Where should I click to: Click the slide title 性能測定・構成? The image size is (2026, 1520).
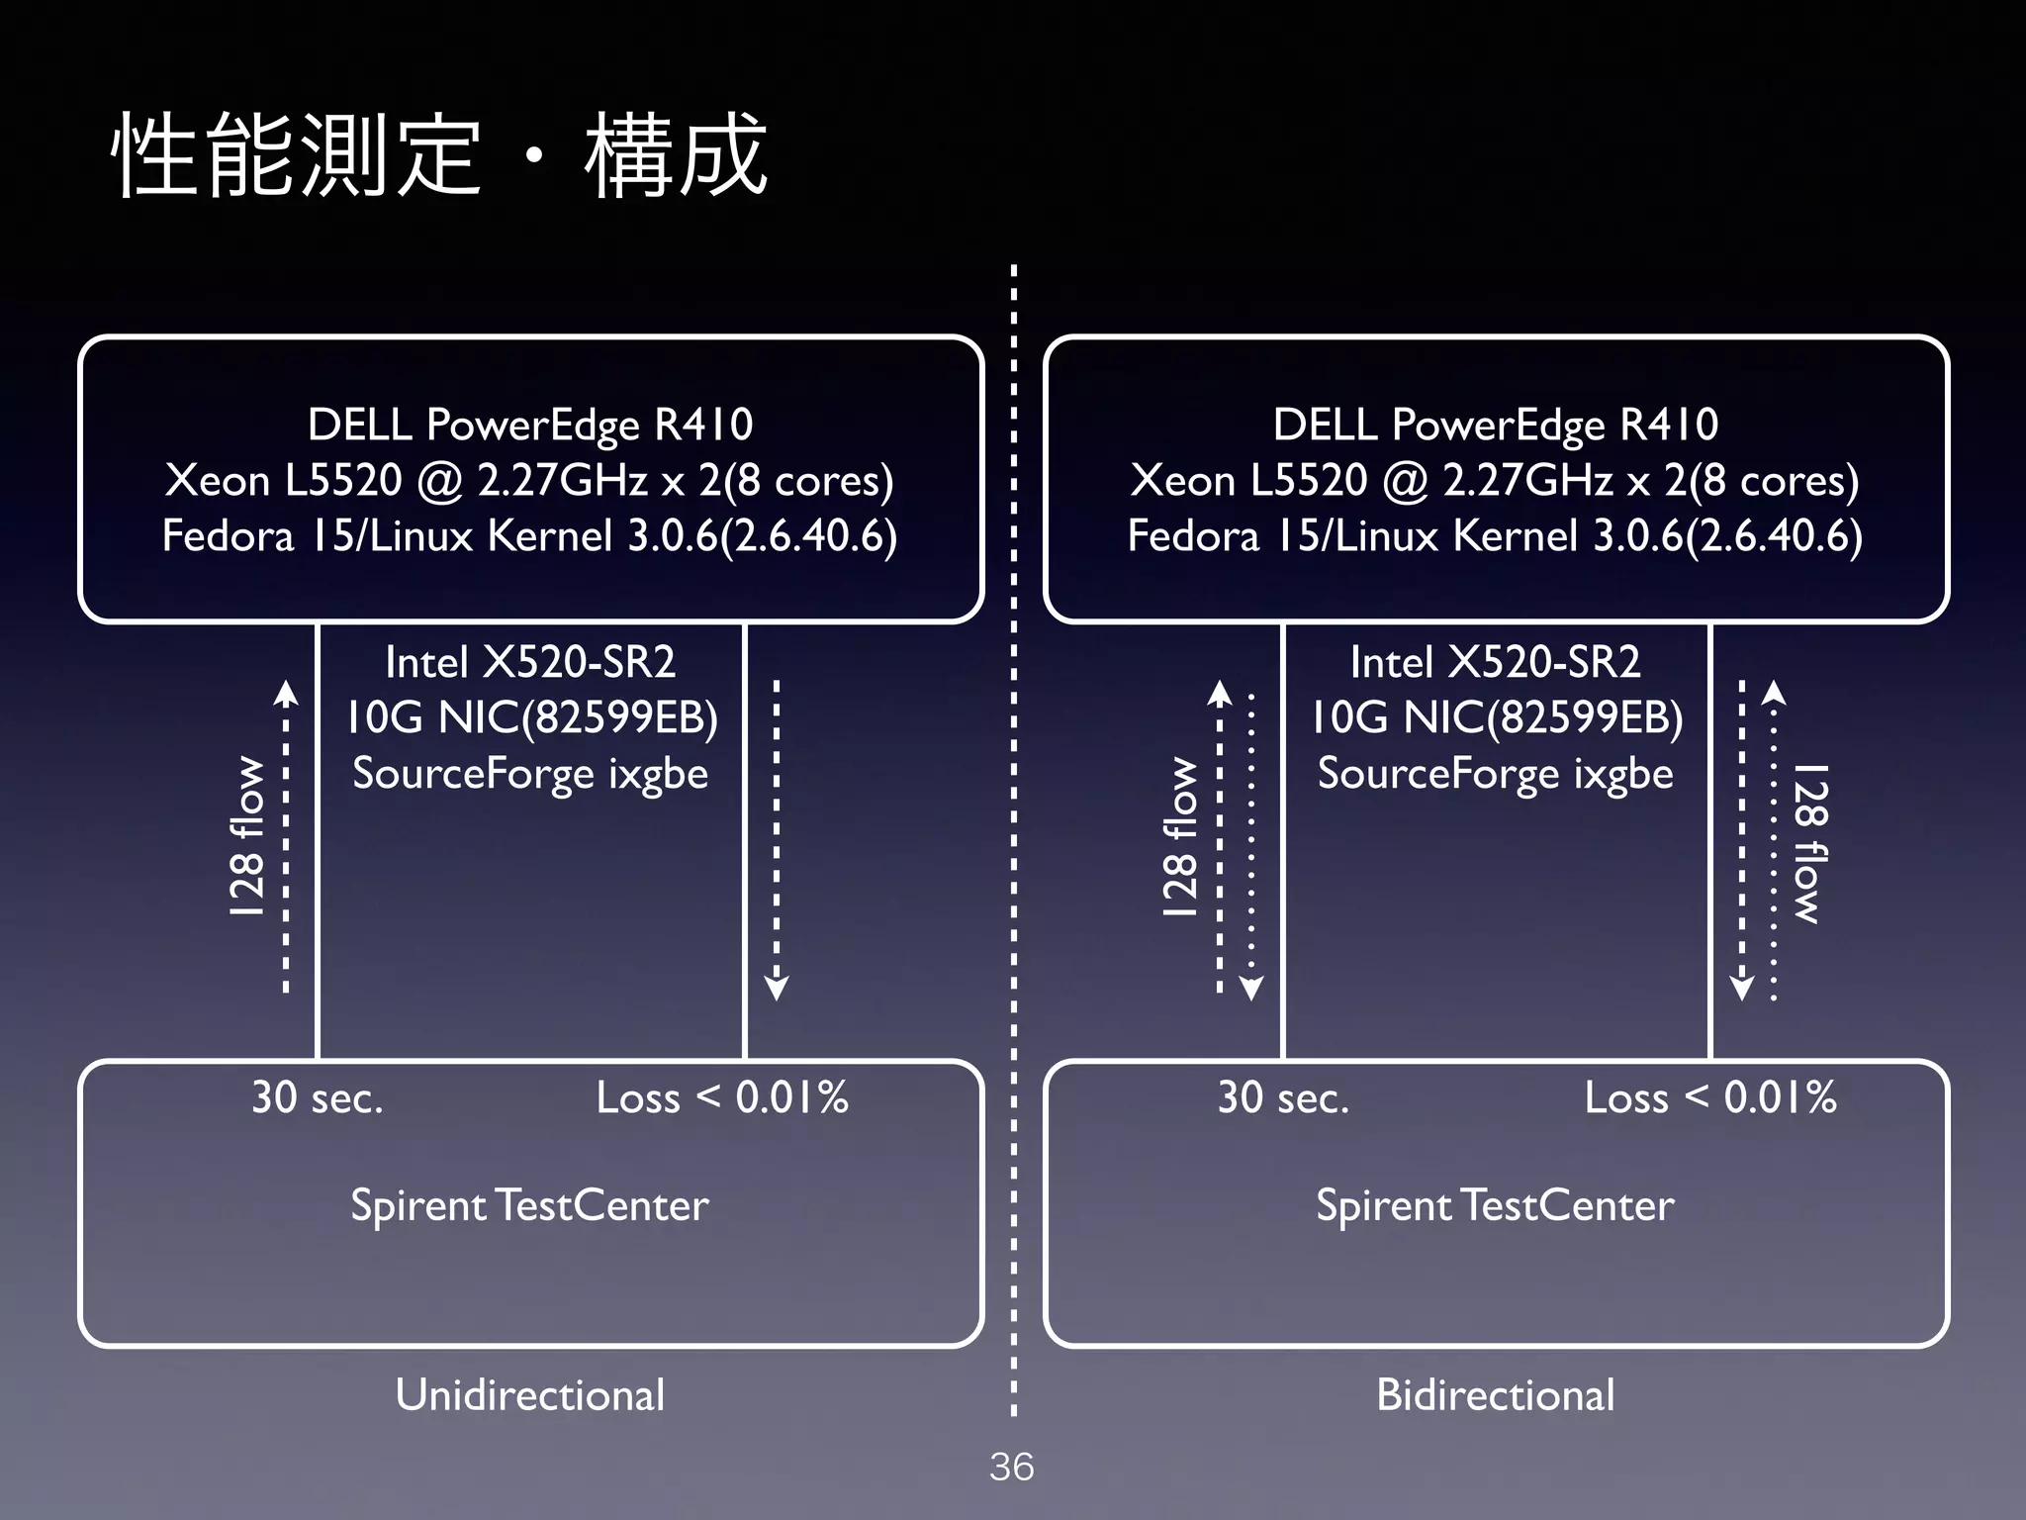pyautogui.click(x=440, y=155)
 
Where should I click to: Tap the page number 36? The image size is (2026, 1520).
pyautogui.click(x=1011, y=1467)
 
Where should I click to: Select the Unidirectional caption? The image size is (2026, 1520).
pyautogui.click(x=530, y=1395)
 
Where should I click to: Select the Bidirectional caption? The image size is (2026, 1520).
pyautogui.click(x=1495, y=1395)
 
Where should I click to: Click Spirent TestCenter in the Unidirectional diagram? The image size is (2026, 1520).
pyautogui.click(x=530, y=1205)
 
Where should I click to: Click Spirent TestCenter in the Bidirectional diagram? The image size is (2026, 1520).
pyautogui.click(x=1495, y=1205)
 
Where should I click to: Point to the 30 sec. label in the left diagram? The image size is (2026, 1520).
pyautogui.click(x=317, y=1097)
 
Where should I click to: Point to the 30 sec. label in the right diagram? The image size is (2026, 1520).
pyautogui.click(x=1283, y=1097)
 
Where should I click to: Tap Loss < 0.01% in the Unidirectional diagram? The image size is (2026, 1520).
pyautogui.click(x=722, y=1097)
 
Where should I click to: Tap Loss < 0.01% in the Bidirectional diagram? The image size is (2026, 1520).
pyautogui.click(x=1710, y=1097)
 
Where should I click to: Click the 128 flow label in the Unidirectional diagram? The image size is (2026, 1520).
pyautogui.click(x=247, y=836)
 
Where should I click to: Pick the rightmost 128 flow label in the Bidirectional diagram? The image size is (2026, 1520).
pyautogui.click(x=1809, y=843)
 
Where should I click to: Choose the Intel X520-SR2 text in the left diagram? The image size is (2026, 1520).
pyautogui.click(x=530, y=662)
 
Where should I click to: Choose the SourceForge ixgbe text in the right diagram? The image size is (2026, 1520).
pyautogui.click(x=1495, y=773)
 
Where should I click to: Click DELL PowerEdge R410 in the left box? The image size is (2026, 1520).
pyautogui.click(x=530, y=425)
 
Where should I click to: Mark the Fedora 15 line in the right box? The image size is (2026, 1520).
pyautogui.click(x=1495, y=535)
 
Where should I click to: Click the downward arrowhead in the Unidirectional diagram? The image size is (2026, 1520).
pyautogui.click(x=777, y=988)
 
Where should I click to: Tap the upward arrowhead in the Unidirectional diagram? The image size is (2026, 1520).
pyautogui.click(x=286, y=692)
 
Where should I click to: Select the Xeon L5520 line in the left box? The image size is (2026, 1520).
pyautogui.click(x=530, y=480)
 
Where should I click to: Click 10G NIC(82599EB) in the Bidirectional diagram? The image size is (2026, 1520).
pyautogui.click(x=1495, y=717)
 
